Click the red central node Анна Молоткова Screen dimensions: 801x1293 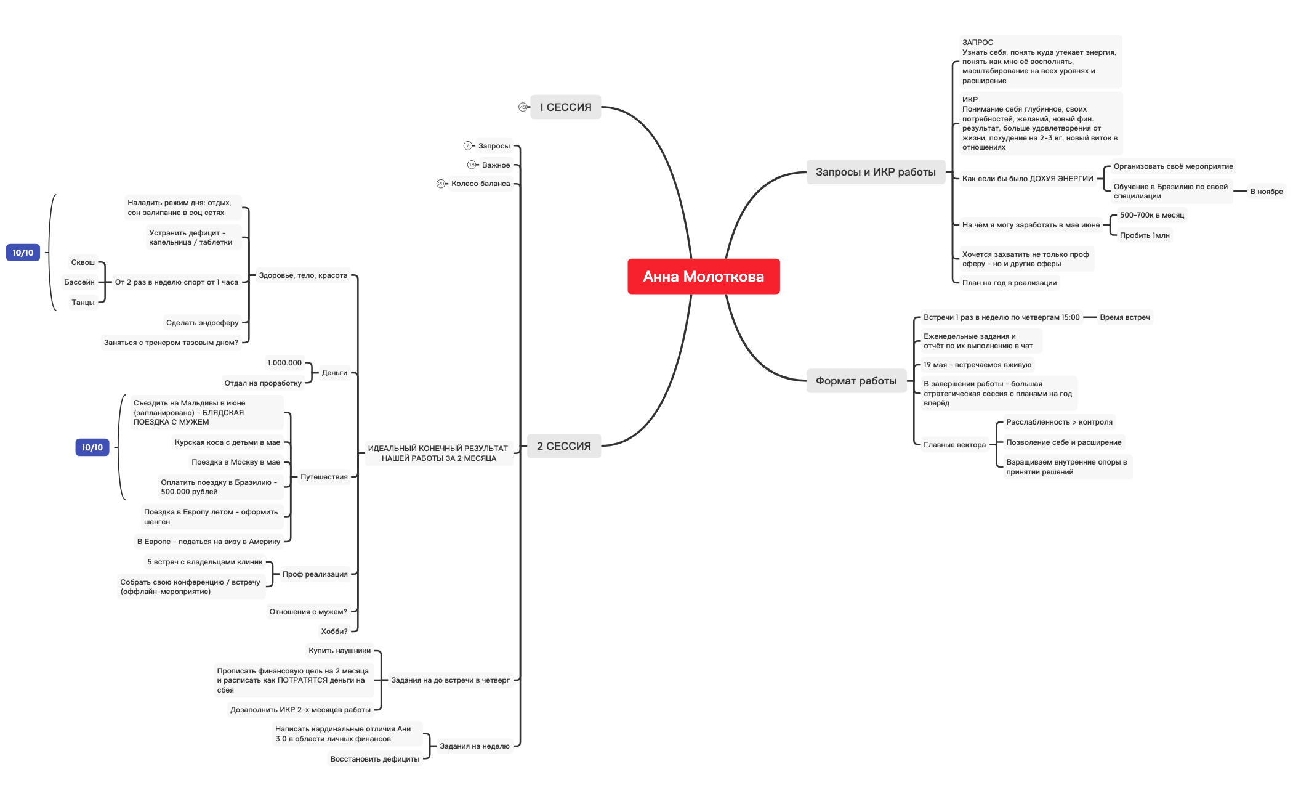[x=703, y=277]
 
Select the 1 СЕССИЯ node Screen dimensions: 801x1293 [x=565, y=107]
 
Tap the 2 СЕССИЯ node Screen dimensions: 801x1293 [x=563, y=446]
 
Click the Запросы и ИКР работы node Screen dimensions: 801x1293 [x=875, y=172]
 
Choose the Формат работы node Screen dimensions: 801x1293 [x=856, y=381]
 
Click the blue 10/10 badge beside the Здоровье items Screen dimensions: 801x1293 [x=23, y=253]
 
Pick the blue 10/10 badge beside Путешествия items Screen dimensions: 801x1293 [x=92, y=447]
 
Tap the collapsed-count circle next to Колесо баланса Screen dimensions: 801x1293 [x=441, y=184]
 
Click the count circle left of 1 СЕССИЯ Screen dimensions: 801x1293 [x=523, y=107]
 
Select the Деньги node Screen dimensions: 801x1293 [x=334, y=373]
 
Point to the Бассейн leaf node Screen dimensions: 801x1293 [x=79, y=282]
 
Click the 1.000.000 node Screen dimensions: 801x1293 [x=284, y=363]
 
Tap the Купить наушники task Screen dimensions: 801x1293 [x=339, y=651]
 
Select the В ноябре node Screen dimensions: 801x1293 [x=1266, y=192]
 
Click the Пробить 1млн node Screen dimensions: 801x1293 [x=1144, y=235]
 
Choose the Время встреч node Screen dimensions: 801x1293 [x=1124, y=317]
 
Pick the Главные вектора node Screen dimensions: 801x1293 [x=954, y=445]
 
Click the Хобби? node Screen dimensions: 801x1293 [x=334, y=632]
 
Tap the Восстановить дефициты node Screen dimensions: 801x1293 [x=374, y=759]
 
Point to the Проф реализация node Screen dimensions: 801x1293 [x=315, y=574]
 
